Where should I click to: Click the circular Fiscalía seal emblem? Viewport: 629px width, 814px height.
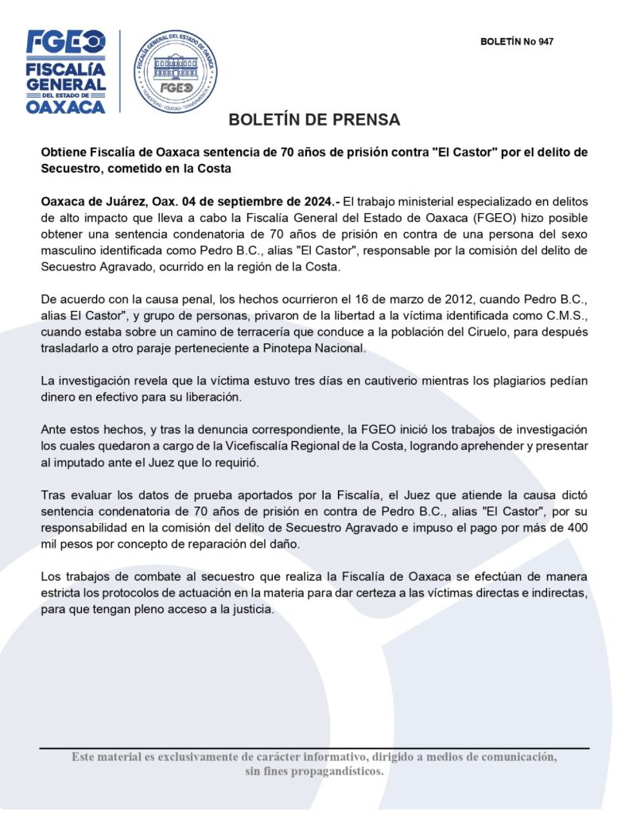[x=174, y=72]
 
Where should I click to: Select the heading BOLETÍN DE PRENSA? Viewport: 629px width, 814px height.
[x=314, y=120]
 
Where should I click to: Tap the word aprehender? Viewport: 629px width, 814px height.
[x=488, y=447]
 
